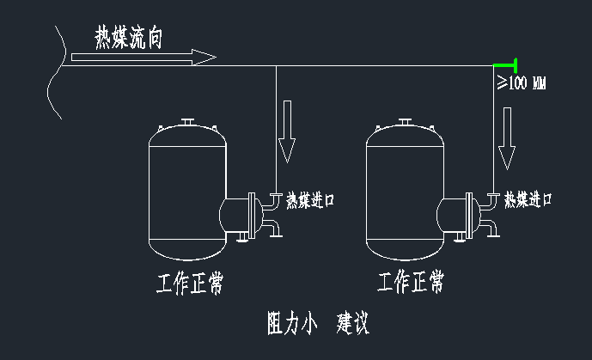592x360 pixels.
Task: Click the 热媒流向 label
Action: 129,37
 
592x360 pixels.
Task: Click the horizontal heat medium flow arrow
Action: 143,58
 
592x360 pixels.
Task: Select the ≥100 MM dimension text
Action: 522,83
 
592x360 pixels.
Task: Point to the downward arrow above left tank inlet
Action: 286,137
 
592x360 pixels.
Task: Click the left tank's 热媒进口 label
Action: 309,200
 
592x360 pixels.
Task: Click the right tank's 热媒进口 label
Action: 528,200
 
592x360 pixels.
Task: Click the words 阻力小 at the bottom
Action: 293,324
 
